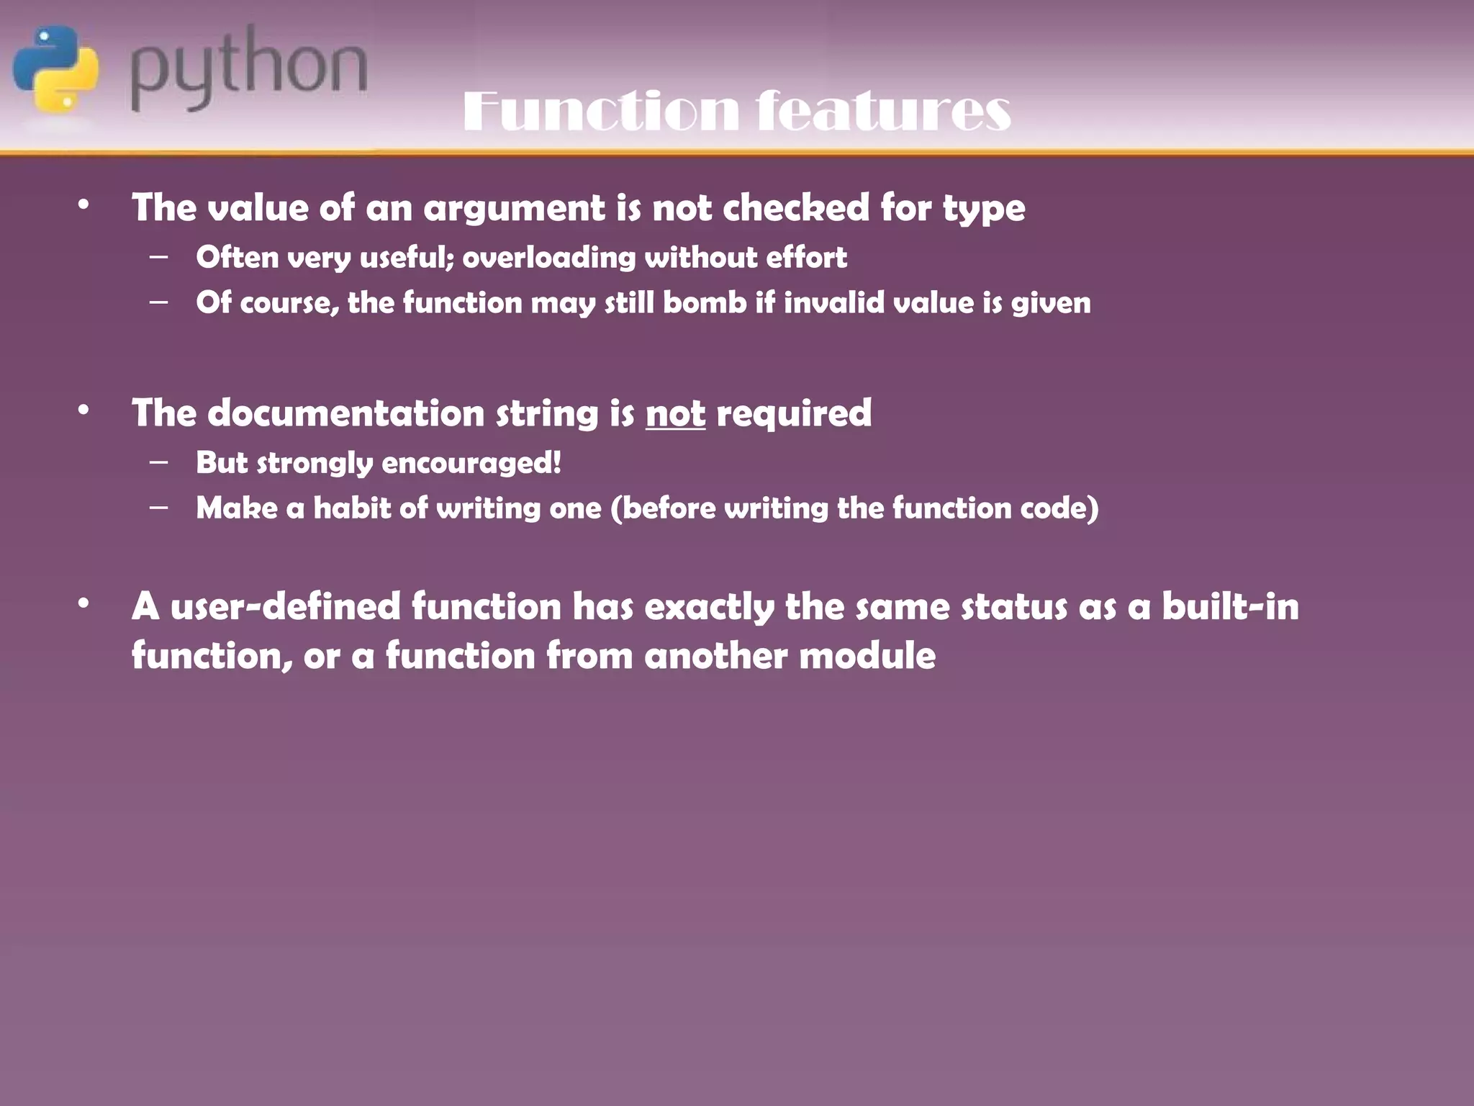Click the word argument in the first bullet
[x=514, y=208]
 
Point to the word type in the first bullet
[x=984, y=210]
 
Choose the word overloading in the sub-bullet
[x=548, y=258]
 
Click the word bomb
[x=705, y=302]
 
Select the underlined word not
[x=675, y=413]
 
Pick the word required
[x=794, y=413]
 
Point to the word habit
[x=352, y=508]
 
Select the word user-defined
[x=285, y=606]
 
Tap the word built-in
[x=1230, y=606]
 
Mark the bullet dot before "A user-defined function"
[x=84, y=603]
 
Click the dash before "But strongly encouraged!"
[x=159, y=462]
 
